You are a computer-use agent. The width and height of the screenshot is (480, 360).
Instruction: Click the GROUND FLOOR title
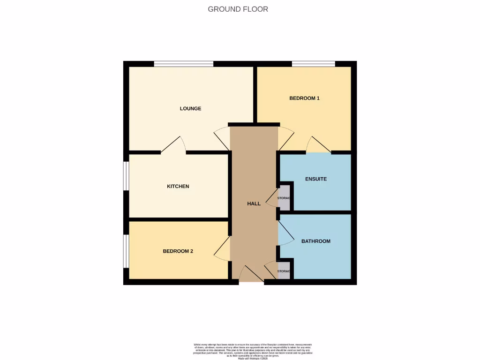coord(238,9)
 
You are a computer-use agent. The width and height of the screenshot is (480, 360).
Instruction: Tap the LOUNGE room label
coord(190,109)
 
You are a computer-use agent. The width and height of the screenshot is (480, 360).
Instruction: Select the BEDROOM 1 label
coord(304,98)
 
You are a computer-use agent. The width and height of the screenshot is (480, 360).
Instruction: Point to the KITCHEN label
coord(178,187)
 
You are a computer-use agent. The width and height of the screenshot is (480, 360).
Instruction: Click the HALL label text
coord(254,203)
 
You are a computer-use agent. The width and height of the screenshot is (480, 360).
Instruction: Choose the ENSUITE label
coord(315,179)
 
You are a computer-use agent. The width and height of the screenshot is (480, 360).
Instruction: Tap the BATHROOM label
coord(315,241)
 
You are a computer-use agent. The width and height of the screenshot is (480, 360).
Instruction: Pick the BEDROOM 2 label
coord(178,251)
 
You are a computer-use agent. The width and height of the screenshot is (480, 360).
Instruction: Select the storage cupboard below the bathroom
coord(284,271)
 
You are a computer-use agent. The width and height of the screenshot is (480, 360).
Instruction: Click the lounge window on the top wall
coord(184,64)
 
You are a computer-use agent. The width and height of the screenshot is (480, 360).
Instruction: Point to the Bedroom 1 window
coord(313,64)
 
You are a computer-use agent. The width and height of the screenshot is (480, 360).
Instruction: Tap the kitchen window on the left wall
coord(126,176)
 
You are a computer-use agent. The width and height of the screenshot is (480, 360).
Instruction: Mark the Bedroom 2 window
coord(126,251)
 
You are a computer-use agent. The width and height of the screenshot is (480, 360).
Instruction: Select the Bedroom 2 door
coord(223,248)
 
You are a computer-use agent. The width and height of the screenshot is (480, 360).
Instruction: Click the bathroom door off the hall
coord(285,233)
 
